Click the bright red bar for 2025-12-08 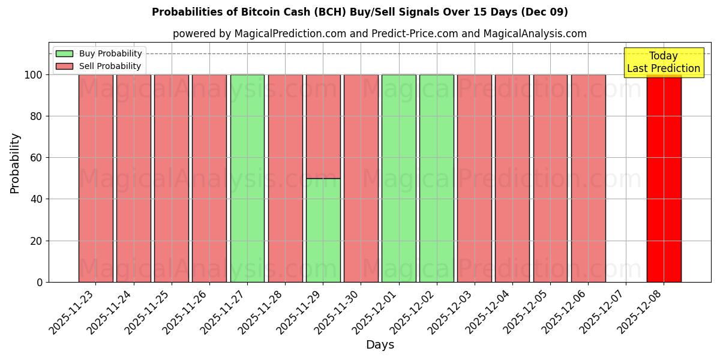pyautogui.click(x=664, y=180)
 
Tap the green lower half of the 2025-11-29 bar pyautogui.click(x=323, y=230)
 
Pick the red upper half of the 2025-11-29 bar pyautogui.click(x=323, y=127)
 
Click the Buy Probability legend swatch pyautogui.click(x=64, y=53)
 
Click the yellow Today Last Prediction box pyautogui.click(x=663, y=62)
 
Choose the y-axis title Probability pyautogui.click(x=16, y=163)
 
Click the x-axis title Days pyautogui.click(x=380, y=345)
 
